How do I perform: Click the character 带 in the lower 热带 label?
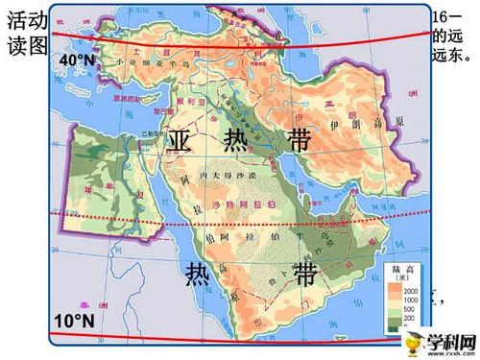pos(306,276)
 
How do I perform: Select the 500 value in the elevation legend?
pos(437,307)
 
